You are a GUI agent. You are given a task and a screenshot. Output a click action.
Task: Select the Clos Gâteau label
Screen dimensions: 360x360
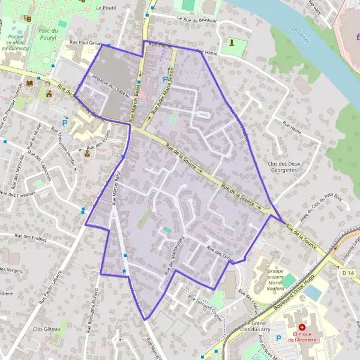click(x=47, y=329)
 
